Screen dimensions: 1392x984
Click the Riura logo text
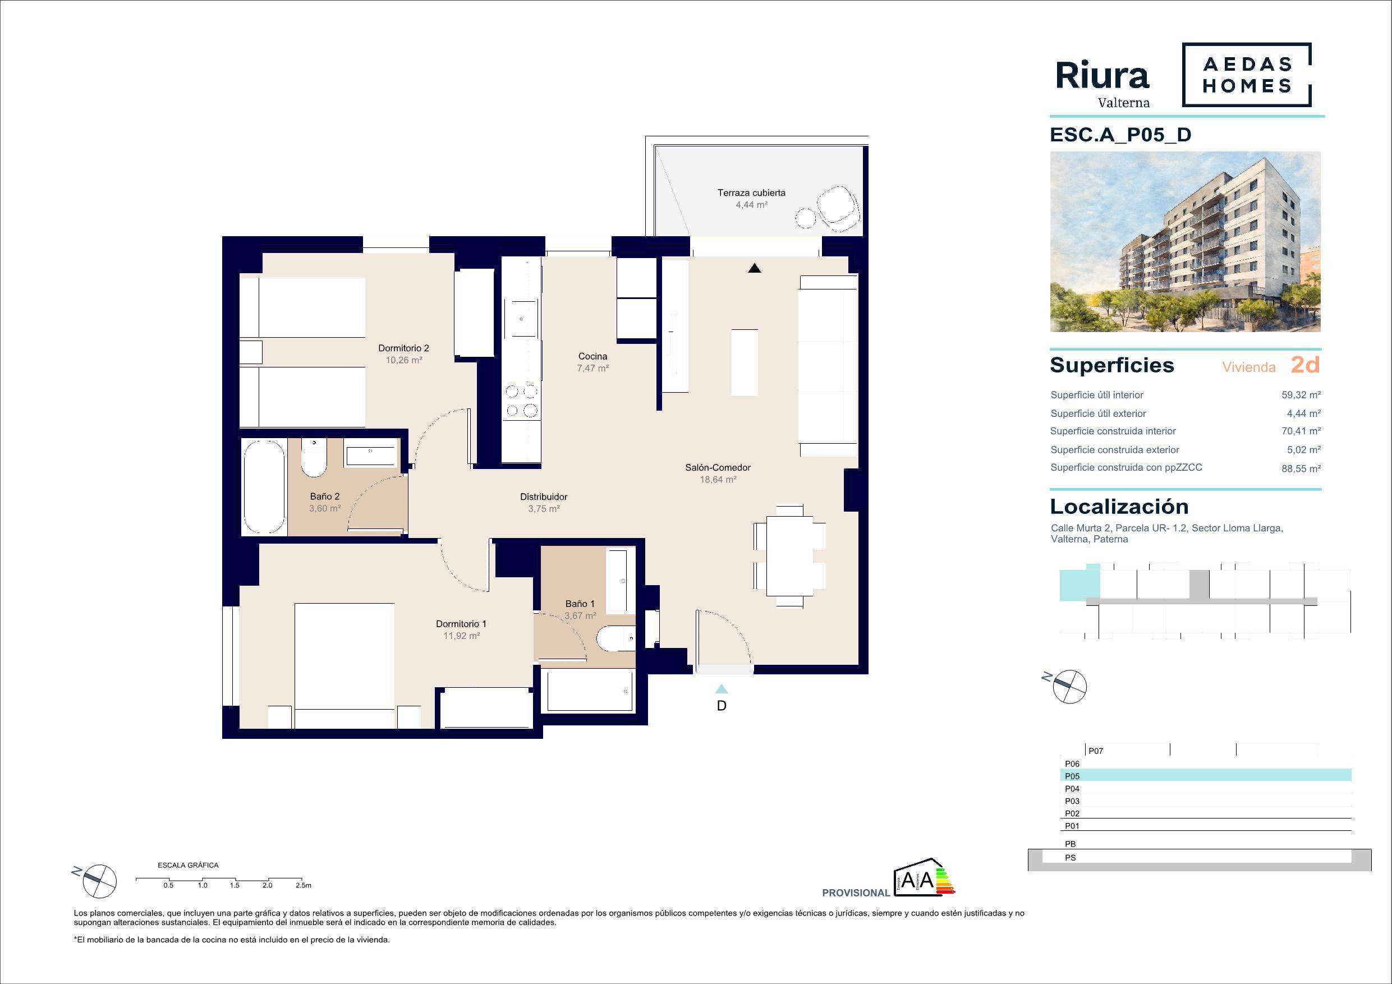1102,76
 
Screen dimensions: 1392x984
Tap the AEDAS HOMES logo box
1247,75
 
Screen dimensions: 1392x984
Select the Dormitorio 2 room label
403,348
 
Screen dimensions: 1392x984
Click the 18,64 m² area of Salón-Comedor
718,480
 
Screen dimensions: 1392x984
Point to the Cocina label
592,356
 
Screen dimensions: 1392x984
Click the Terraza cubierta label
751,193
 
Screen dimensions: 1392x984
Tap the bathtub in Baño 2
264,487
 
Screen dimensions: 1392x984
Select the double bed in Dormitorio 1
344,665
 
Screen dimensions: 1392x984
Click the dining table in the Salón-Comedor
789,555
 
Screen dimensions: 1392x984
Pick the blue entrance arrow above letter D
722,689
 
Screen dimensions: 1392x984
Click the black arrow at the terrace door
754,268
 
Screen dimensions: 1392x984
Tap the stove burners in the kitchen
521,401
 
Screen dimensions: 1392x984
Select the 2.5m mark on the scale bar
303,885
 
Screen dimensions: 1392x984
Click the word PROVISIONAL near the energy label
856,893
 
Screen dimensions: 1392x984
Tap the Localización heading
1119,507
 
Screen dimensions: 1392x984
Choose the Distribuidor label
543,497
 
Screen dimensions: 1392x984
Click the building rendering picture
1186,241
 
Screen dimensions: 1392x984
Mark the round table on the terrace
807,218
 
